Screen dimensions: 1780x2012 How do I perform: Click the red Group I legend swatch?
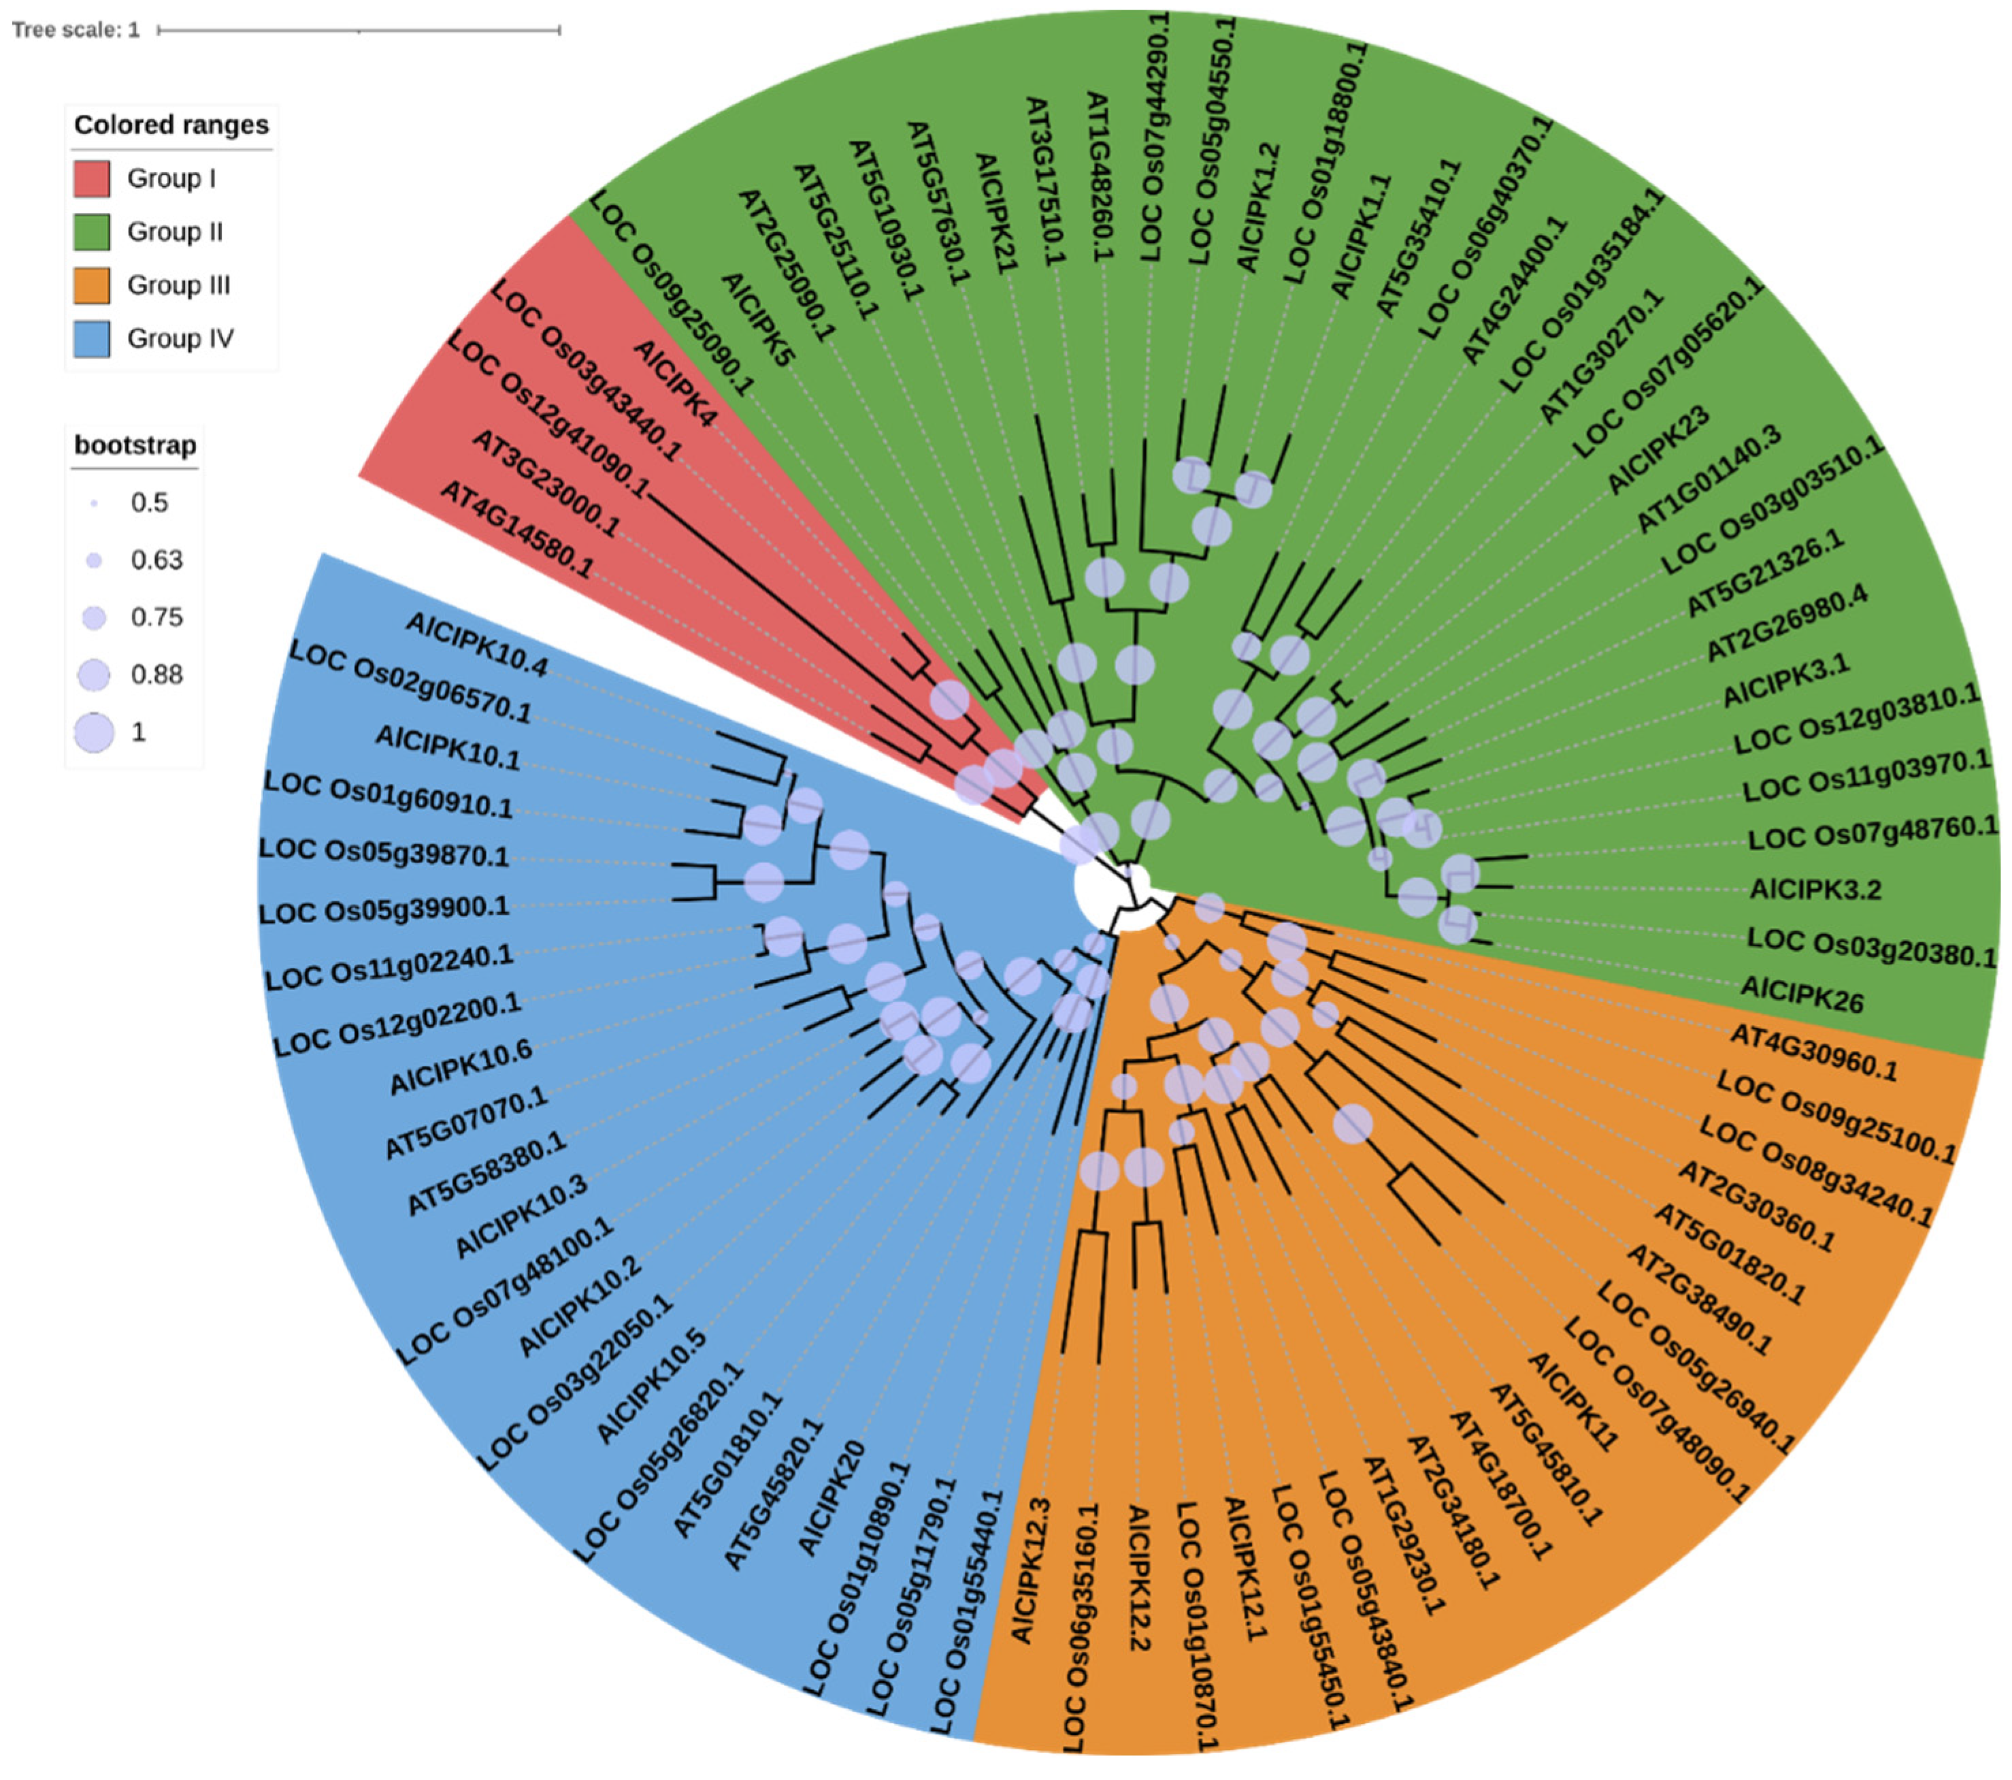click(x=92, y=179)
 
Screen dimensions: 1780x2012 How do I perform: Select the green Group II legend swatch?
click(x=92, y=232)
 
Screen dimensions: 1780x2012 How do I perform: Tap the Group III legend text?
click(x=178, y=285)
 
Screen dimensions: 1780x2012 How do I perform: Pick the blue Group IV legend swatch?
click(x=92, y=339)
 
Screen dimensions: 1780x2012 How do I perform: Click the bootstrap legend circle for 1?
click(x=93, y=732)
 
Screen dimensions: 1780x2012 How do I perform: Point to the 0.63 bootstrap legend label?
click(x=156, y=560)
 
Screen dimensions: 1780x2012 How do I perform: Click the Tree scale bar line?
click(x=359, y=31)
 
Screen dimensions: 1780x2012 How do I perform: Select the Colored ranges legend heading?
click(x=171, y=125)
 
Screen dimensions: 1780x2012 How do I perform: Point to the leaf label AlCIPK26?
click(x=1801, y=994)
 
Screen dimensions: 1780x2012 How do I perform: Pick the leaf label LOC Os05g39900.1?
click(x=384, y=909)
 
